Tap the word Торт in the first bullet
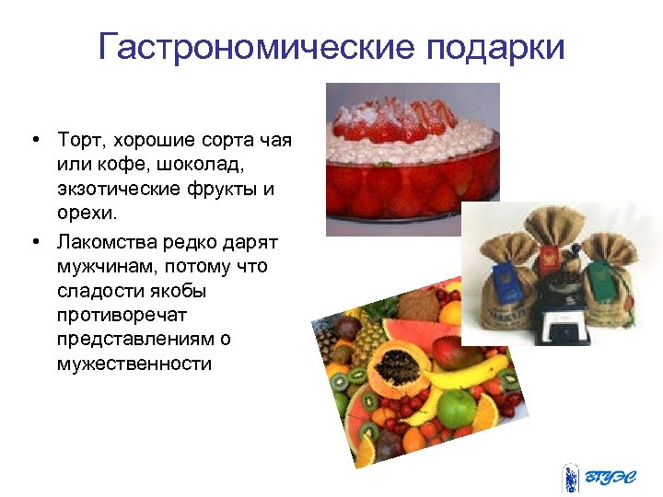[82, 140]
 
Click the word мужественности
[133, 364]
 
